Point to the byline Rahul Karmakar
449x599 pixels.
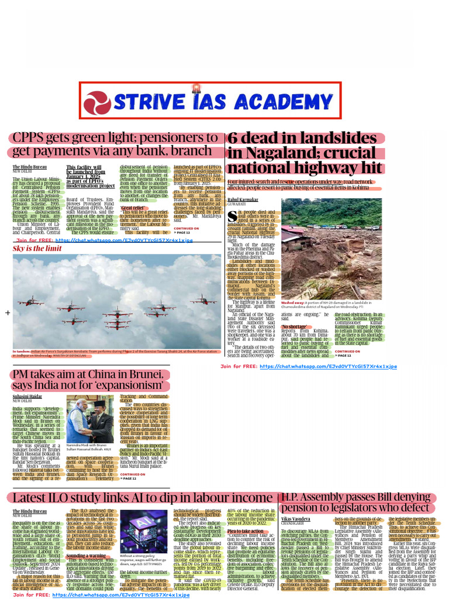pos(244,201)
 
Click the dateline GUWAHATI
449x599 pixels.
pos(238,205)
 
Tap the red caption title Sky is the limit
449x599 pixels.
pos(37,249)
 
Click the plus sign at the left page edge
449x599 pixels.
pos(8,313)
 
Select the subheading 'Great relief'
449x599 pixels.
pos(133,208)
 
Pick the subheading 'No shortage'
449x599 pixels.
pos(294,326)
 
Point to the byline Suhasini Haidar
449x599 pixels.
pos(28,396)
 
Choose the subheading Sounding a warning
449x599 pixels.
pos(85,555)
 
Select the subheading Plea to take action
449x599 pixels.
pos(246,531)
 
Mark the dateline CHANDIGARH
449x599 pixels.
pos(293,524)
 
